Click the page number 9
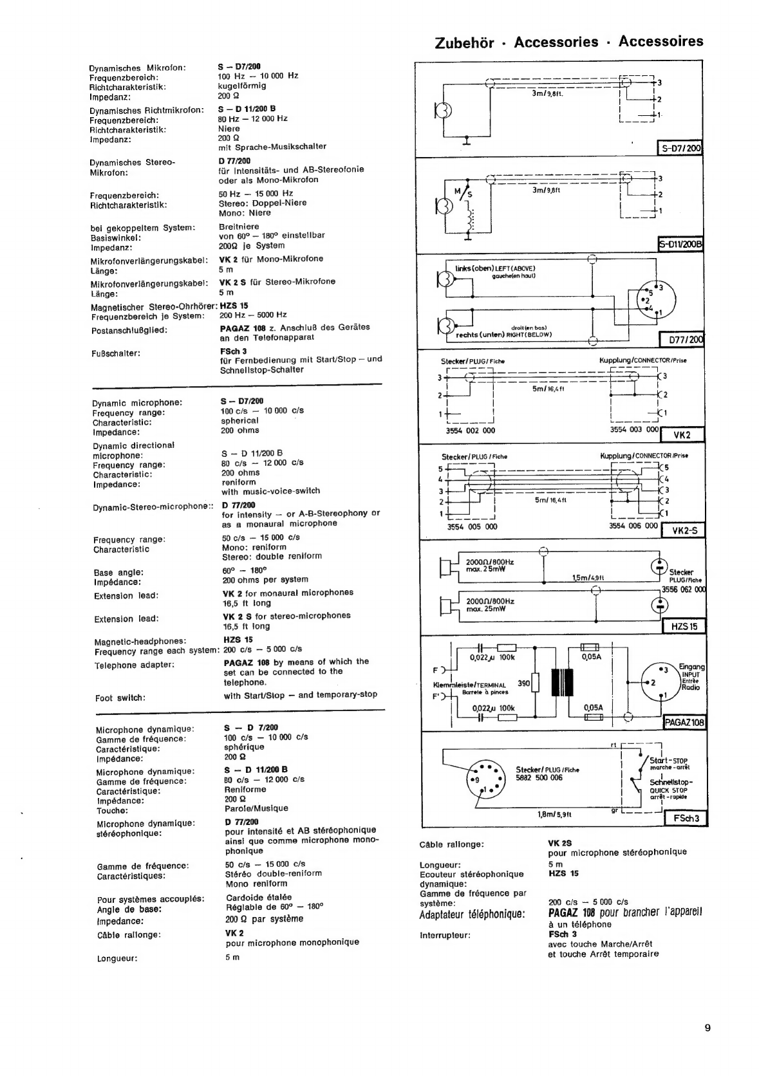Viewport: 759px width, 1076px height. [x=707, y=1028]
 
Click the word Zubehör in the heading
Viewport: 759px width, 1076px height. [x=464, y=43]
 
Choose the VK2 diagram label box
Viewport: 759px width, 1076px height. [x=682, y=435]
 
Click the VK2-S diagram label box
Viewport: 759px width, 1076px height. [x=684, y=531]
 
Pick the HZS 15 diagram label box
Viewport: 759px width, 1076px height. [x=684, y=626]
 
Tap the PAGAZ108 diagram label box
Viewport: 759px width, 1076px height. [x=684, y=722]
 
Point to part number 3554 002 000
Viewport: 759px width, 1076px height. [x=471, y=431]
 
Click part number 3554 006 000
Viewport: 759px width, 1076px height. [x=633, y=526]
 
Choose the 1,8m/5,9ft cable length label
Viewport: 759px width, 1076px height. [x=554, y=814]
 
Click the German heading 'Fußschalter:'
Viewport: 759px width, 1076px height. [x=115, y=353]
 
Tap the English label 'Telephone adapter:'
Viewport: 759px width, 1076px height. [x=135, y=665]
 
